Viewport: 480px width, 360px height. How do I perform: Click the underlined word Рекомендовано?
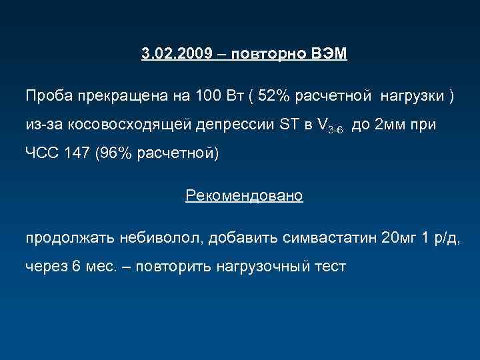(244, 196)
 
